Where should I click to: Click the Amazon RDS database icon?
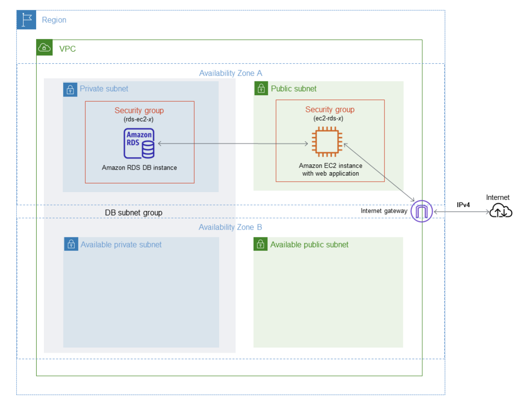pos(139,143)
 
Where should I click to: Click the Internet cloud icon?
pos(500,211)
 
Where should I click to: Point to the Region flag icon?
pos(26,20)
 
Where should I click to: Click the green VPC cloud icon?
pos(45,48)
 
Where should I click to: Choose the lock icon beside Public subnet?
pos(260,89)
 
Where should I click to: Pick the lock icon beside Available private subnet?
pos(71,245)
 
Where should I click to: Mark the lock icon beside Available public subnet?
pos(260,245)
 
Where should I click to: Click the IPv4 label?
pos(463,205)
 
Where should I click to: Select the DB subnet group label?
pos(133,213)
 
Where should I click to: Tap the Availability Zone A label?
pos(230,73)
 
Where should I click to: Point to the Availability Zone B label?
pos(230,227)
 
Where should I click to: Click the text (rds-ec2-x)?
pos(139,119)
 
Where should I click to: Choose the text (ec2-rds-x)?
pos(330,118)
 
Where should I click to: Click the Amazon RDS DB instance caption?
pos(139,168)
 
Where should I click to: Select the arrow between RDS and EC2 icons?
pos(232,143)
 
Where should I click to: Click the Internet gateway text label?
pos(384,211)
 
